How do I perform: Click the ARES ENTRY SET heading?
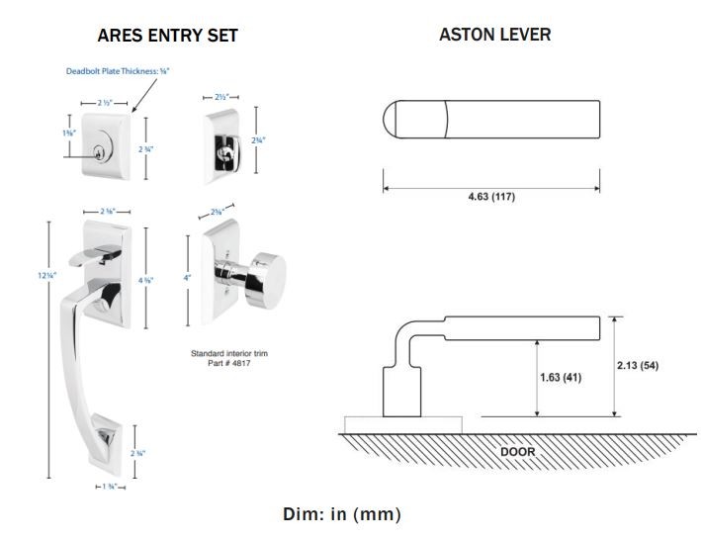(167, 36)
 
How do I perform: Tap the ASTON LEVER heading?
(494, 35)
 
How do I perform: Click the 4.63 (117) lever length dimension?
(491, 197)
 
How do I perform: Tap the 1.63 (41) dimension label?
(560, 377)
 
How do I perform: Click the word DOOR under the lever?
(517, 452)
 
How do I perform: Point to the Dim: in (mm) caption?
(342, 514)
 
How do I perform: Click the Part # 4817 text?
(229, 361)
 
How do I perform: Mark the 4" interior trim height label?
(186, 278)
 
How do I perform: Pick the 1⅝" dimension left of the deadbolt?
(67, 133)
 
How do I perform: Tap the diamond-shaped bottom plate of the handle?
(102, 438)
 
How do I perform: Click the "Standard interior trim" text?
(229, 352)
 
